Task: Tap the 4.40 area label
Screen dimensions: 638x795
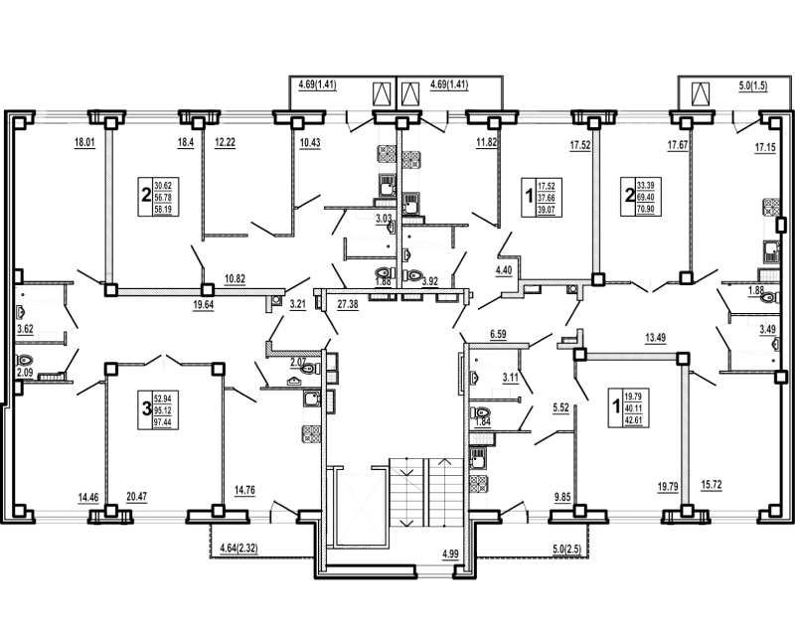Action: click(x=504, y=268)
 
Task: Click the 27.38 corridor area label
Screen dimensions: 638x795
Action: click(x=348, y=304)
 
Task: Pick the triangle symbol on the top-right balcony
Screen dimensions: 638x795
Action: click(x=701, y=94)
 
